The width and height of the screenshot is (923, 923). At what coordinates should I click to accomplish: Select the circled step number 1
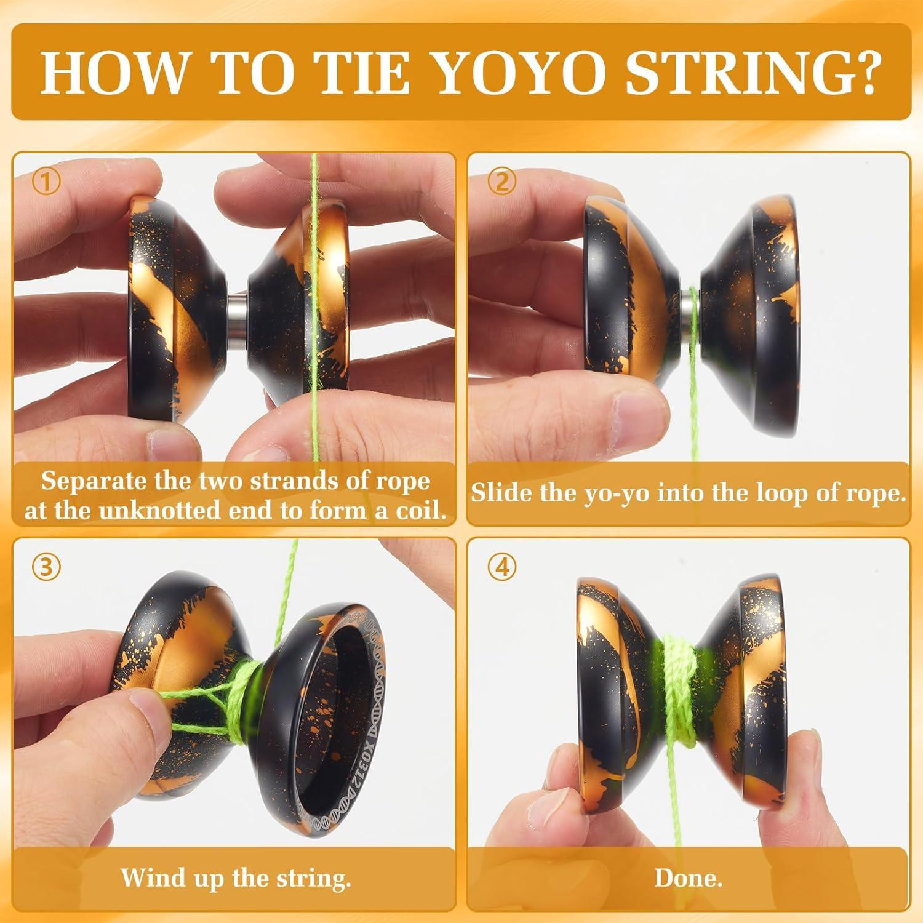(x=46, y=183)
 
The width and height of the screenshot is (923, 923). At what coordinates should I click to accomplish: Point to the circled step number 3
(x=46, y=568)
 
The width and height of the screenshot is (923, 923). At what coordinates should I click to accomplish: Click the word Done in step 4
(x=685, y=877)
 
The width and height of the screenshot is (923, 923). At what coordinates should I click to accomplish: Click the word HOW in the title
(x=113, y=73)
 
